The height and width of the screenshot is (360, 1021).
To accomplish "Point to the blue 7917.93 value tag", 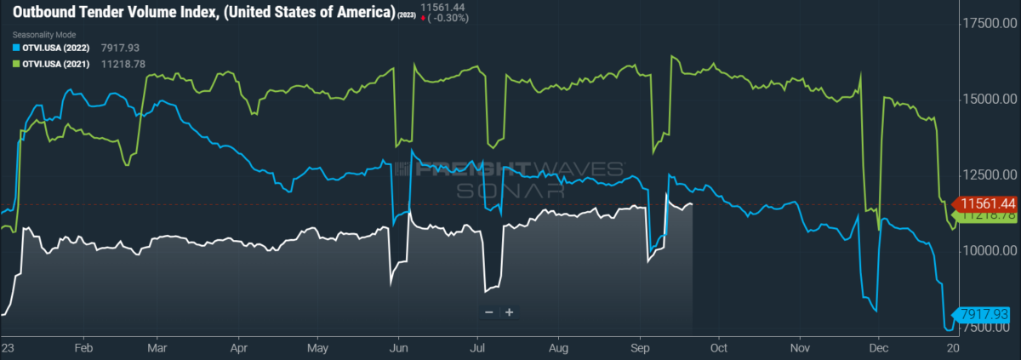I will click(x=985, y=314).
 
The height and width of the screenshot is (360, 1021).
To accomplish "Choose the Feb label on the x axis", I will click(x=83, y=349).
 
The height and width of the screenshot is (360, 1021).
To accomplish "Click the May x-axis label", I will click(x=318, y=349).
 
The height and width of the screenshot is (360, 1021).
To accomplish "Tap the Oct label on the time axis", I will click(x=718, y=349).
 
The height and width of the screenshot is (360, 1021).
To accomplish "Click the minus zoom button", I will click(x=489, y=312).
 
